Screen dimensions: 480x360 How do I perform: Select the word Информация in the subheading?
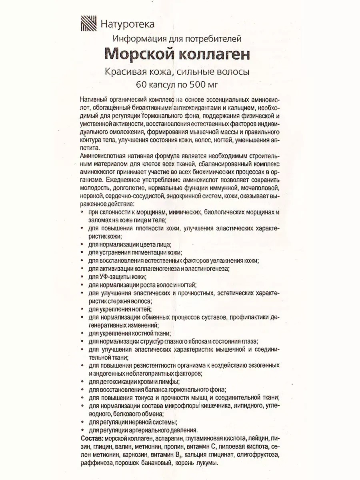click(138, 39)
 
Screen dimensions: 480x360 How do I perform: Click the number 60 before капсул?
click(141, 84)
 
